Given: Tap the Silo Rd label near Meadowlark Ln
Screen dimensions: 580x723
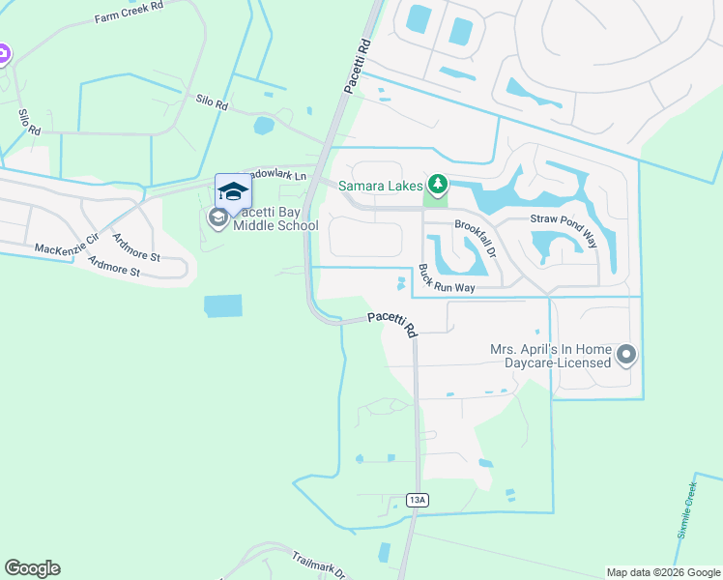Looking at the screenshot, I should tap(211, 101).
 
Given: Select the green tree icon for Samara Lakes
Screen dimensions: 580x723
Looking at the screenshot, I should tap(438, 183).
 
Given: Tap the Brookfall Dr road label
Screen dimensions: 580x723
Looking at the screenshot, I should tap(475, 239).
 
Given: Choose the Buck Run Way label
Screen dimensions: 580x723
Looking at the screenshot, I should tap(447, 280).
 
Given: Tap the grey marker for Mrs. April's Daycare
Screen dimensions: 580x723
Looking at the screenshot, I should tap(625, 355).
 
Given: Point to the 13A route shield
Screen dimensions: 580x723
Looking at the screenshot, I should tap(417, 500).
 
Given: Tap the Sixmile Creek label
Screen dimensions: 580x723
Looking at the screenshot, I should tap(686, 508).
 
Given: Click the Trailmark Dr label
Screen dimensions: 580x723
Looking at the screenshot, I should tap(319, 564).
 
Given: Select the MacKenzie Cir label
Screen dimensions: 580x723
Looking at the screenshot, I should tap(67, 248).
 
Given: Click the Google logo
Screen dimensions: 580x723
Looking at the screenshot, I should tap(32, 568).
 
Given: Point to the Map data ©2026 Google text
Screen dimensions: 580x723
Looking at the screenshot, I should tap(662, 572).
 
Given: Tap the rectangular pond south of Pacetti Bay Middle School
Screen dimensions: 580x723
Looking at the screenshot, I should tap(223, 306).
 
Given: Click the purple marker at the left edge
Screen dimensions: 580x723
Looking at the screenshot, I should tap(3, 54).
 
